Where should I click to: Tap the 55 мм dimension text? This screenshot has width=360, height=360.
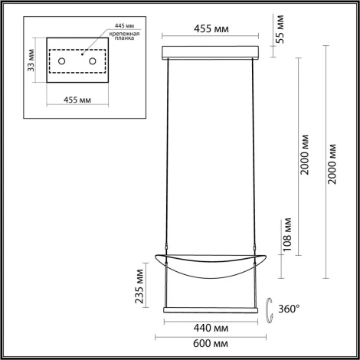(280, 28)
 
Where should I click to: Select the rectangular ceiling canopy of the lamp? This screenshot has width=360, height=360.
(213, 53)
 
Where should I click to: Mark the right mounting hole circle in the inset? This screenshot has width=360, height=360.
(93, 60)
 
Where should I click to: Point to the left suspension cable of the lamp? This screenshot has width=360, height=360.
(169, 153)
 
